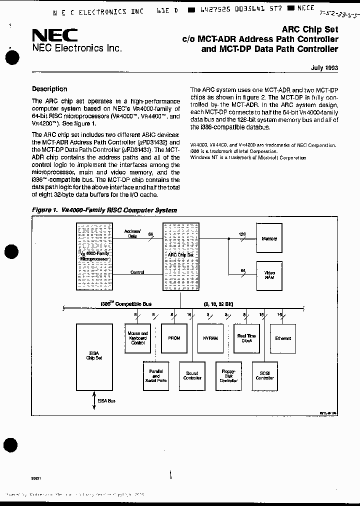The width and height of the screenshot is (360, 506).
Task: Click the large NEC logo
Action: click(x=54, y=34)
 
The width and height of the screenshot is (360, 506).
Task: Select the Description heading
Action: click(x=49, y=89)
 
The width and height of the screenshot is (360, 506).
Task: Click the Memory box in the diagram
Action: click(x=269, y=239)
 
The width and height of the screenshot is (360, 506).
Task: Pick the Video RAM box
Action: click(x=269, y=274)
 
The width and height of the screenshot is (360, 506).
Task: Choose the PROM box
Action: click(x=174, y=338)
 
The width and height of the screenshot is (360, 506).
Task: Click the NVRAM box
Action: click(x=210, y=338)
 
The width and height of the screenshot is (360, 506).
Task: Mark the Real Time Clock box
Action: click(x=246, y=338)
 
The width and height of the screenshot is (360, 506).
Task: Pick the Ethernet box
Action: click(x=282, y=338)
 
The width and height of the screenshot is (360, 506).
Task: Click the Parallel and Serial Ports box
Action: click(x=156, y=375)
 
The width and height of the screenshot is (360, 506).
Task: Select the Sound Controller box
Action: click(x=192, y=375)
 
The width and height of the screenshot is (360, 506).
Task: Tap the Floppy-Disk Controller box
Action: click(x=228, y=375)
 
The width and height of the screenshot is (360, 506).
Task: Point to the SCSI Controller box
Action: click(x=264, y=375)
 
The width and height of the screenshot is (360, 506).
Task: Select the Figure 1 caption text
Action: click(x=104, y=210)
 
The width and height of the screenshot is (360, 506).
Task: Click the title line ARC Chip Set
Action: click(x=314, y=29)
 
